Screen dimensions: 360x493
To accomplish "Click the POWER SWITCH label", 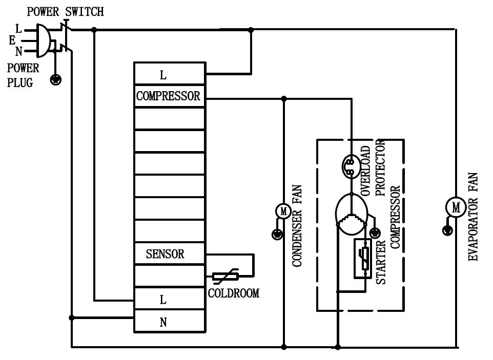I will point(65,11).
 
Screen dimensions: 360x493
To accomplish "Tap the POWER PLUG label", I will point(23,75).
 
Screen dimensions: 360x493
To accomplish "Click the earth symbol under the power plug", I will point(56,79).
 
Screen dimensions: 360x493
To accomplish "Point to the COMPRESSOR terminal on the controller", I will point(169,96).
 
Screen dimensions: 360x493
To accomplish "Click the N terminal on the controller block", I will point(163,322).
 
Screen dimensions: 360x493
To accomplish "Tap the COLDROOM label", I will point(234,293).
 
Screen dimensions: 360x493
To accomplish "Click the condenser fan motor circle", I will point(283,211).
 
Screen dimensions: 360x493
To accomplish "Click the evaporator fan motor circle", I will point(456,207).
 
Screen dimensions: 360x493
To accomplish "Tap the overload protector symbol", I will point(350,167).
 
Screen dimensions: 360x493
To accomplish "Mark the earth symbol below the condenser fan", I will point(277,235).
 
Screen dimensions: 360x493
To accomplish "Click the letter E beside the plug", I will point(12,40).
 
